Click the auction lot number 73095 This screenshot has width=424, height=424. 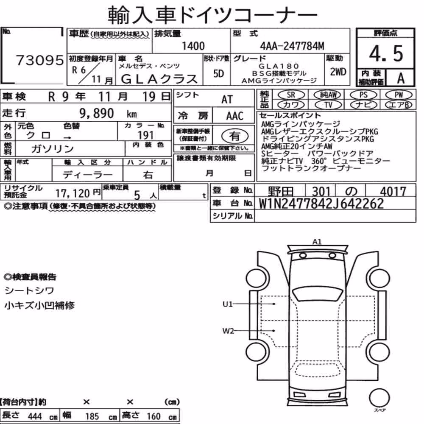[x=40, y=60]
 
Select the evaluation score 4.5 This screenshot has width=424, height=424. [x=386, y=53]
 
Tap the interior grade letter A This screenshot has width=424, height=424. [x=401, y=78]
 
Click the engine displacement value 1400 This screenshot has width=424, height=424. [x=193, y=46]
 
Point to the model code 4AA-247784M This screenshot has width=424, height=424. [x=292, y=46]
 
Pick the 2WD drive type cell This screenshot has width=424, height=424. [x=338, y=72]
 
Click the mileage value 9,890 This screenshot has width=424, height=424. [x=97, y=113]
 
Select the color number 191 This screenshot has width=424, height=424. [x=145, y=135]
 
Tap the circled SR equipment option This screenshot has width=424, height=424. [x=291, y=95]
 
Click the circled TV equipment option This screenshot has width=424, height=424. [x=328, y=105]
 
